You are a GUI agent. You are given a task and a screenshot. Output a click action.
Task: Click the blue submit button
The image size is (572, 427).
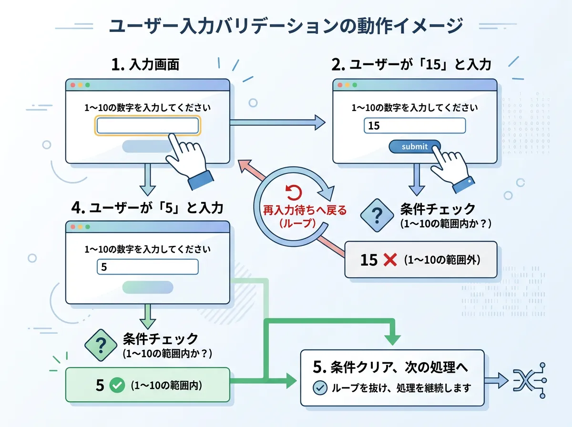pos(414,146)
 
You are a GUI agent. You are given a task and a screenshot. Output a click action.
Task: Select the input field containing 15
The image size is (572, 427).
pos(415,125)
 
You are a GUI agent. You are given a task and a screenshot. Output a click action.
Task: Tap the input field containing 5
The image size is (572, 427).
pos(147,267)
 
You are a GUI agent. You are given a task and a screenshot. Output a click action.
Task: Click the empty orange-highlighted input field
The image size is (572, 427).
pos(147,125)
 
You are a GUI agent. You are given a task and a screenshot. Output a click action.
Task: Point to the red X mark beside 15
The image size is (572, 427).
pos(390,260)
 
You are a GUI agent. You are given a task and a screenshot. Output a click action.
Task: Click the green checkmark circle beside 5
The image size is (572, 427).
pos(117,385)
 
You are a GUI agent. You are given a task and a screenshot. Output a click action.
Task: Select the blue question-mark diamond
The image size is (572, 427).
pos(377,215)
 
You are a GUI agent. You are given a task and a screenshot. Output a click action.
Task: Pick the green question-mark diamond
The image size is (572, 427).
pos(101,345)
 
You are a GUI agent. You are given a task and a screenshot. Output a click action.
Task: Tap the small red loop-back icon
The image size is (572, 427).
pos(294,193)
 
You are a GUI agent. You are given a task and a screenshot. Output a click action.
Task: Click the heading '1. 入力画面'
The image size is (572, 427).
pos(145,64)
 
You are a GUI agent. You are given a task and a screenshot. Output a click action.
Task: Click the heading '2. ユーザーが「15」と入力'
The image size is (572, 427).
pos(411,64)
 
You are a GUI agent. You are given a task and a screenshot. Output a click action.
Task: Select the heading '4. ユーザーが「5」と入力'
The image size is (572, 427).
pos(147,208)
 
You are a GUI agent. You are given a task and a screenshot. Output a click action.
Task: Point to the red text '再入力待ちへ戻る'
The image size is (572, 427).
pos(305,210)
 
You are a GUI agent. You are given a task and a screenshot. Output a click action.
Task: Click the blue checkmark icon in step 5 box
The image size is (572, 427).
pos(320,387)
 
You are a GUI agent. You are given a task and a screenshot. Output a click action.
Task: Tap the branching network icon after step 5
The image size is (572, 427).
pos(530,380)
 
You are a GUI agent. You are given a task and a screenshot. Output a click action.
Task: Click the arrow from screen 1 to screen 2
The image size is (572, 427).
pos(277,122)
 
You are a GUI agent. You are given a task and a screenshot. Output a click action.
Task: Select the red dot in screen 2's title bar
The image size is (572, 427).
pos(340,85)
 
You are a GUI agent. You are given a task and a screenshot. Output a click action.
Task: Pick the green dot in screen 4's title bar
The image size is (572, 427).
pos(88,227)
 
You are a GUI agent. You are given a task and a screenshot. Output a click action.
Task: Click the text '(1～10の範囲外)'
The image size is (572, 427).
pos(442,260)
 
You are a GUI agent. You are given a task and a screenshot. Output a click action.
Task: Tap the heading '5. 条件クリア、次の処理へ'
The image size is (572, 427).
pos(390,367)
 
